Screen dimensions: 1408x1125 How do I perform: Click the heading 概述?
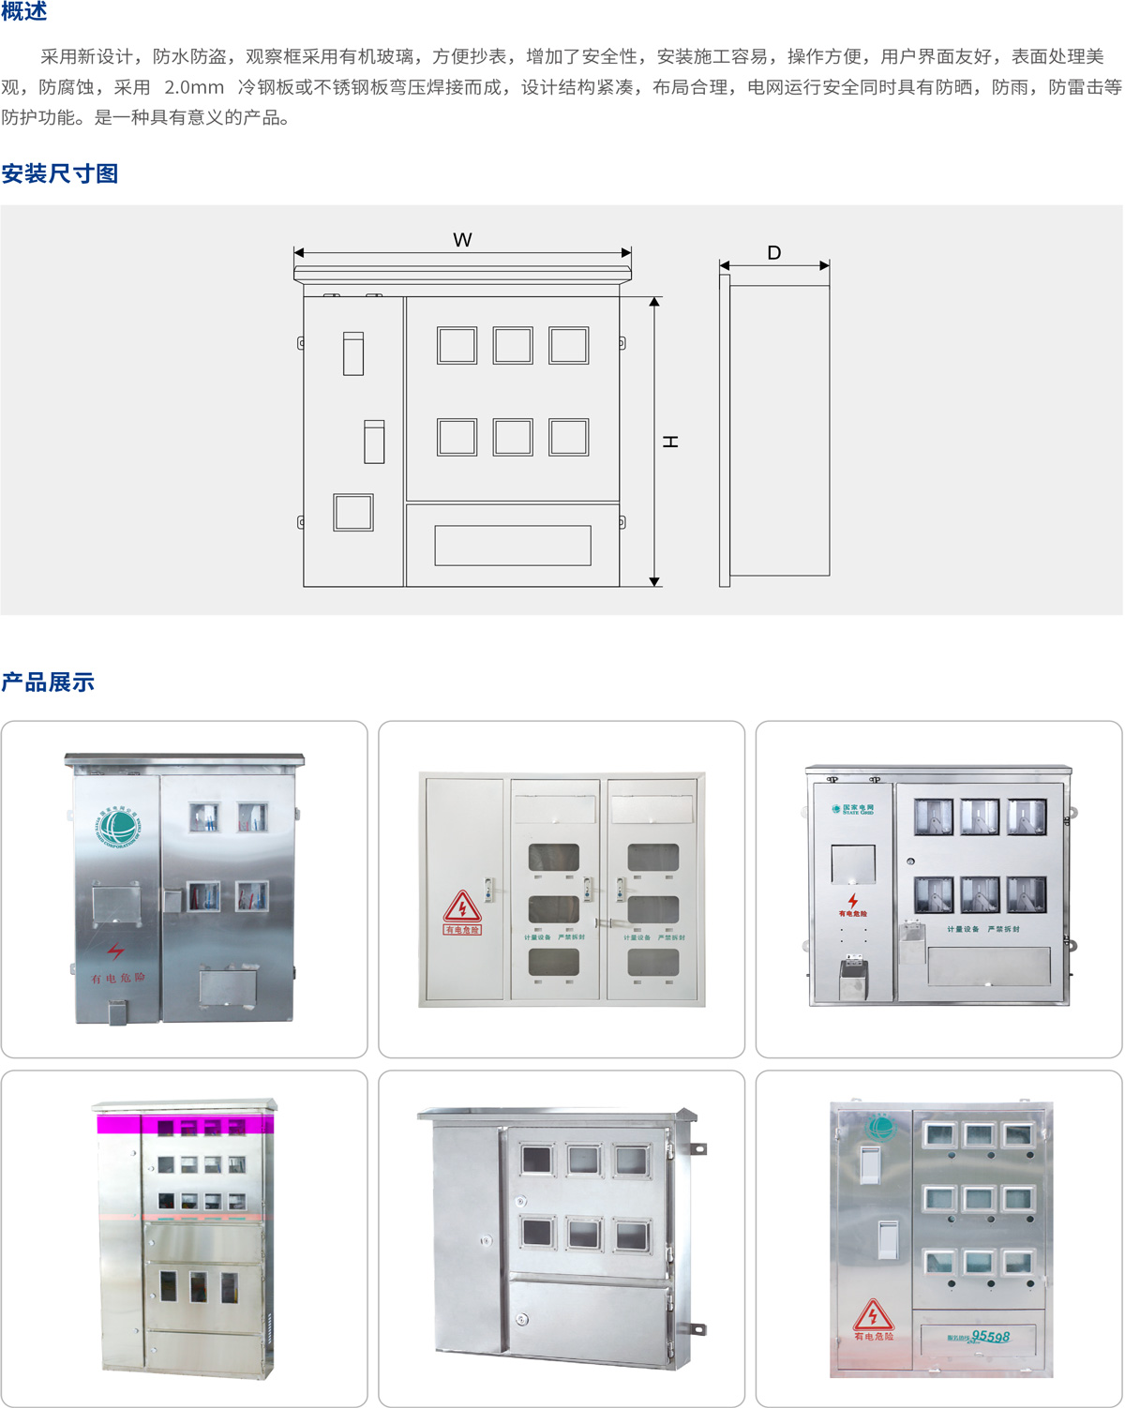pyautogui.click(x=24, y=12)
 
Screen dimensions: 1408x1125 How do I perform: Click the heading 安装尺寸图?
pyautogui.click(x=60, y=173)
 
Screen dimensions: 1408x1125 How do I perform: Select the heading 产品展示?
pyautogui.click(x=48, y=682)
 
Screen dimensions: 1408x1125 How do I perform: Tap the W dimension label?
pyautogui.click(x=462, y=240)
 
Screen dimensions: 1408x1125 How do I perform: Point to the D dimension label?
pyautogui.click(x=773, y=253)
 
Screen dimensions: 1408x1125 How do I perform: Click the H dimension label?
pyautogui.click(x=670, y=441)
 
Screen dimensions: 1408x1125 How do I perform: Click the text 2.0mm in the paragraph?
pyautogui.click(x=194, y=87)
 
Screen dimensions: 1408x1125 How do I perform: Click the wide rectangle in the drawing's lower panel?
pyautogui.click(x=513, y=546)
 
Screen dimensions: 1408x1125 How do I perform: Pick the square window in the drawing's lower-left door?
pyautogui.click(x=353, y=513)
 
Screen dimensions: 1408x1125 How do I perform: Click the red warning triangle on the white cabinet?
pyautogui.click(x=462, y=907)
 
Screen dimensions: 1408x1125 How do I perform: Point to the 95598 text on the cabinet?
pyautogui.click(x=990, y=1337)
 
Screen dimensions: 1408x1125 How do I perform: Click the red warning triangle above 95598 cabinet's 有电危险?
pyautogui.click(x=873, y=1315)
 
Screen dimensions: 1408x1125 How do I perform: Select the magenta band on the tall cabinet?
pyautogui.click(x=185, y=1124)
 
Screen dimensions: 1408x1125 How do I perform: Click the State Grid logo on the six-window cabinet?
pyautogui.click(x=852, y=808)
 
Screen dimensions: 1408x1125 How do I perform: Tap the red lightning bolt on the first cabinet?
pyautogui.click(x=115, y=952)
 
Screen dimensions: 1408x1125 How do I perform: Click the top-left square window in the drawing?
pyautogui.click(x=457, y=346)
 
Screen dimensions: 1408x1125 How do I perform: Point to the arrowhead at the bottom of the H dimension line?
pyautogui.click(x=654, y=581)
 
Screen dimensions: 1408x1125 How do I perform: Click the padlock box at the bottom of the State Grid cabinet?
pyautogui.click(x=852, y=978)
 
